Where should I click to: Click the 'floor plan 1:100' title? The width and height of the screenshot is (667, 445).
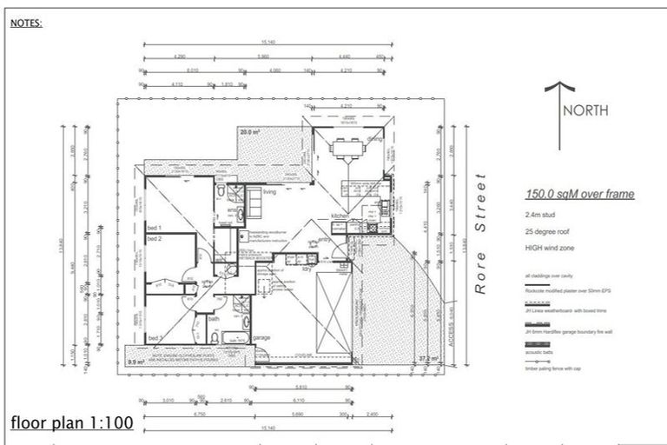pyautogui.click(x=72, y=425)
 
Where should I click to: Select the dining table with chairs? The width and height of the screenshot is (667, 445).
pyautogui.click(x=347, y=148)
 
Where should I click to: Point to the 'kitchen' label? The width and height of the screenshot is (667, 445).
pyautogui.click(x=339, y=215)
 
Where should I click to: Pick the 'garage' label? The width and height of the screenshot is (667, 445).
pyautogui.click(x=261, y=337)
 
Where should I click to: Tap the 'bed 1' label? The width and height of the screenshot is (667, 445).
pyautogui.click(x=155, y=228)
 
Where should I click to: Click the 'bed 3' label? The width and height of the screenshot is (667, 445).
pyautogui.click(x=155, y=337)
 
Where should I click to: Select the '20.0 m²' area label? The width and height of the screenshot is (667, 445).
pyautogui.click(x=251, y=132)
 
